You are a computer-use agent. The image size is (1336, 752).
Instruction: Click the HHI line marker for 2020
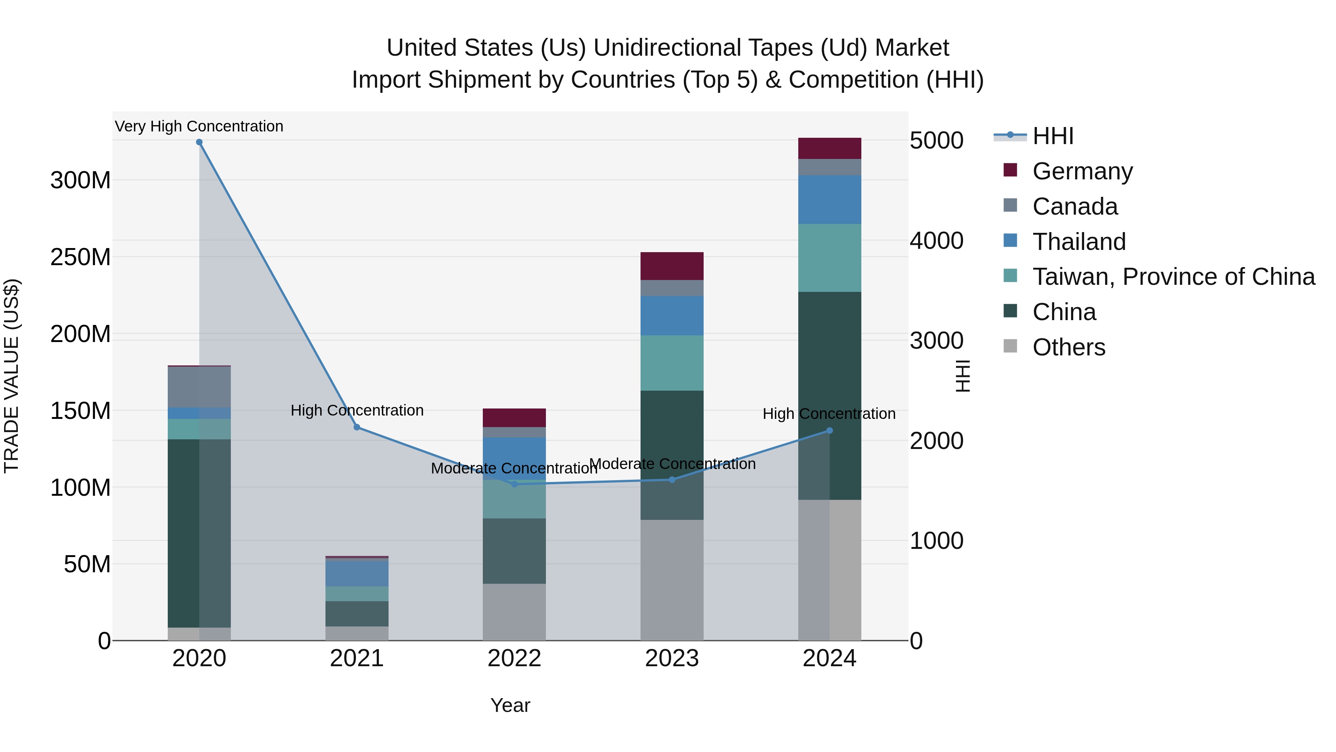pyautogui.click(x=199, y=142)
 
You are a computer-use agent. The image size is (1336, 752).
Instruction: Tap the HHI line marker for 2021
pyautogui.click(x=357, y=427)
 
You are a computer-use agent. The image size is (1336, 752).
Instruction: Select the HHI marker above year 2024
pyautogui.click(x=829, y=430)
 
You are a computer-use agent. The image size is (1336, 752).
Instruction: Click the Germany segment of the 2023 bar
pyautogui.click(x=672, y=266)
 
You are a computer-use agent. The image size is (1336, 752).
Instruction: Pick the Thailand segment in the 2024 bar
pyautogui.click(x=829, y=200)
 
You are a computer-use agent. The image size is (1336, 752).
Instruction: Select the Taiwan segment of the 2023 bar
pyautogui.click(x=672, y=363)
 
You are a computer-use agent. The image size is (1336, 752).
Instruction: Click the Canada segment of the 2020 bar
pyautogui.click(x=199, y=387)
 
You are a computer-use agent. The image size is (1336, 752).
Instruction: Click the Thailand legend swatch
pyautogui.click(x=1010, y=241)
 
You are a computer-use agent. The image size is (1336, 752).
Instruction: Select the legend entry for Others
pyautogui.click(x=1068, y=347)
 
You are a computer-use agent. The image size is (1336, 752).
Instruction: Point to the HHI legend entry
pyautogui.click(x=1052, y=136)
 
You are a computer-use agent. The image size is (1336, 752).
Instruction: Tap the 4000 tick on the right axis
pyautogui.click(x=937, y=241)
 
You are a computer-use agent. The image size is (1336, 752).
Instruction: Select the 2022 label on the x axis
pyautogui.click(x=514, y=658)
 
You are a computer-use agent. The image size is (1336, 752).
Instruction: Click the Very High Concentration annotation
pyautogui.click(x=199, y=126)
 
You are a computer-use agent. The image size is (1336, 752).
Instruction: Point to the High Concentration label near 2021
pyautogui.click(x=357, y=410)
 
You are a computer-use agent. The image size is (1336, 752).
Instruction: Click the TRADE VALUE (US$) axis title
pyautogui.click(x=12, y=376)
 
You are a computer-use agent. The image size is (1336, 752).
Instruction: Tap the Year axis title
pyautogui.click(x=510, y=705)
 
